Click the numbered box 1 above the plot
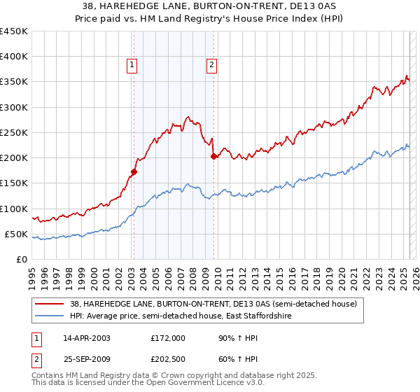(132, 65)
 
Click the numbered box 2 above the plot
(211, 65)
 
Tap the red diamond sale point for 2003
(134, 171)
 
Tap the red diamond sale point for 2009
(213, 157)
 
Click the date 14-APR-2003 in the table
(87, 338)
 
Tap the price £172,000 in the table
(168, 338)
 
